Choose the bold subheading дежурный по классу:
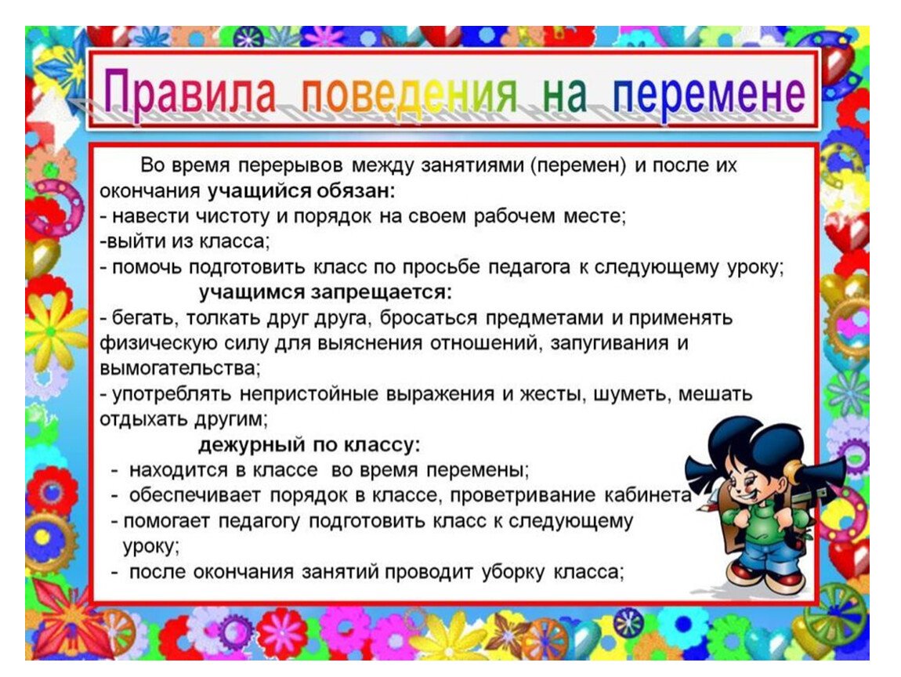(x=309, y=445)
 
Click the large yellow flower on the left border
(x=55, y=328)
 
